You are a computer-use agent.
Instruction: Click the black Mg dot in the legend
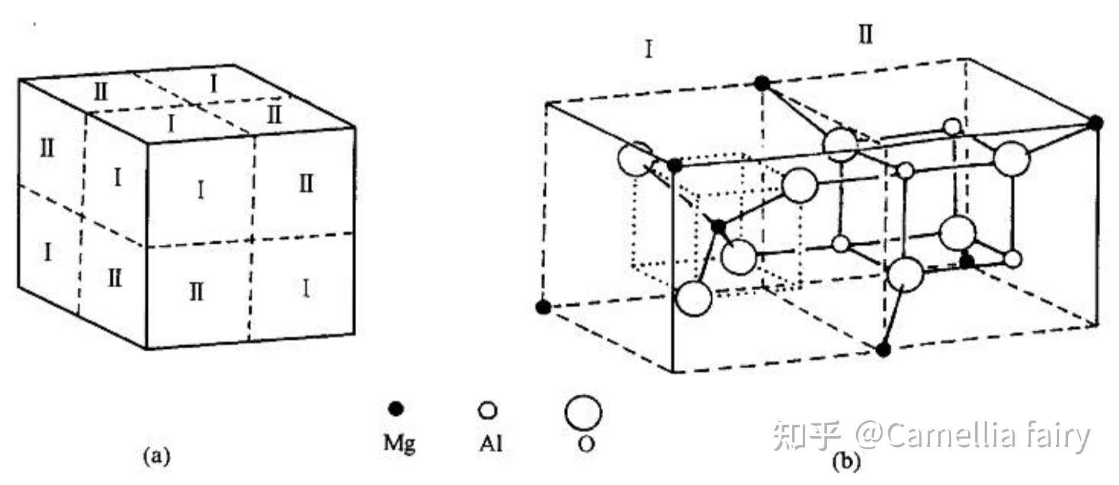coord(397,409)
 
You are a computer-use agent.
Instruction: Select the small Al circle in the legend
coord(488,410)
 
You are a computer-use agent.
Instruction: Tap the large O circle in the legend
coord(583,412)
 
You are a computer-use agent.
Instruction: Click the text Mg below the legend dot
coord(399,442)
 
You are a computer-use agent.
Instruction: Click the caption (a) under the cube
coord(156,456)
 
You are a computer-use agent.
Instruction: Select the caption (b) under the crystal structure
coord(846,462)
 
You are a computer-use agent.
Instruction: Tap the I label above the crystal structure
coord(648,49)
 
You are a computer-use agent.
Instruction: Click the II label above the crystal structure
coord(866,35)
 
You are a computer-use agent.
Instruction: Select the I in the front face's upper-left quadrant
coord(201,190)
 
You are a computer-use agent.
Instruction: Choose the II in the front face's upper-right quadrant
coord(306,184)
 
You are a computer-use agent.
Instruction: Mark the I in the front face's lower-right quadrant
coord(306,288)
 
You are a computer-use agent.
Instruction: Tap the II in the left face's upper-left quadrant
coord(47,147)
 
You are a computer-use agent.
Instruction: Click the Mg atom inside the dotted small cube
coord(718,225)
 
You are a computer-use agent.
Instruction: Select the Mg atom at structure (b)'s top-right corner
coord(1095,123)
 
